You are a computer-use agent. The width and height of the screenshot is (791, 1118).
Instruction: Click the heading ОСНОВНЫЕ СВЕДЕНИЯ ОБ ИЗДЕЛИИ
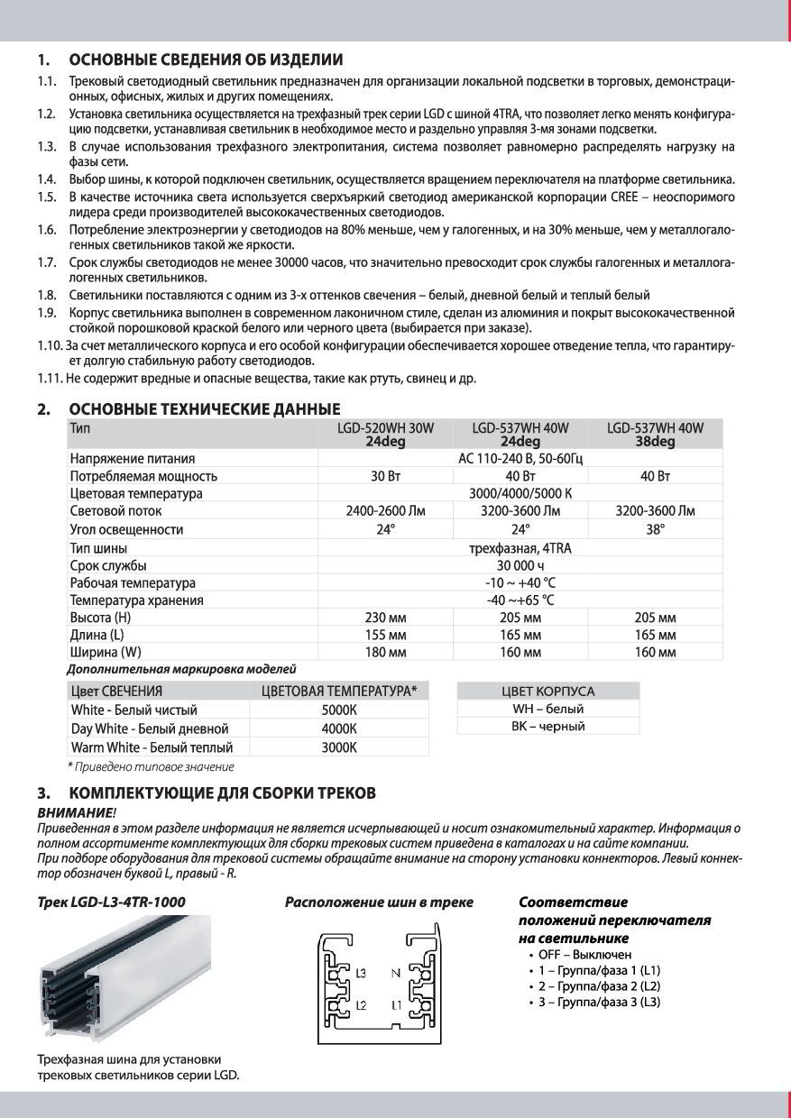click(206, 61)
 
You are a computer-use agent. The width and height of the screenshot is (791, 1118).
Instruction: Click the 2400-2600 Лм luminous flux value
click(385, 511)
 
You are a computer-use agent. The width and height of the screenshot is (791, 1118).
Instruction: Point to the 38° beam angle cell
click(655, 529)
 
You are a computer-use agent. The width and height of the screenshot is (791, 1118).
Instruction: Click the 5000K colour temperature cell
click(339, 710)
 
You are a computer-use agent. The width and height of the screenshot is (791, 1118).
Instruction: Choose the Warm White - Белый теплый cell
click(152, 747)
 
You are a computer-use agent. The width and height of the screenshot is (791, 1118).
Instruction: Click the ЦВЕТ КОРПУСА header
click(547, 692)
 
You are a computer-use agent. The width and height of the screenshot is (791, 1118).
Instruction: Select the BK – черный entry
click(547, 726)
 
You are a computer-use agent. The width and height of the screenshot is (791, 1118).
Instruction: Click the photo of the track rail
click(126, 981)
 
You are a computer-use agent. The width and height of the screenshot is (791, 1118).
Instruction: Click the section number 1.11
click(51, 378)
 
